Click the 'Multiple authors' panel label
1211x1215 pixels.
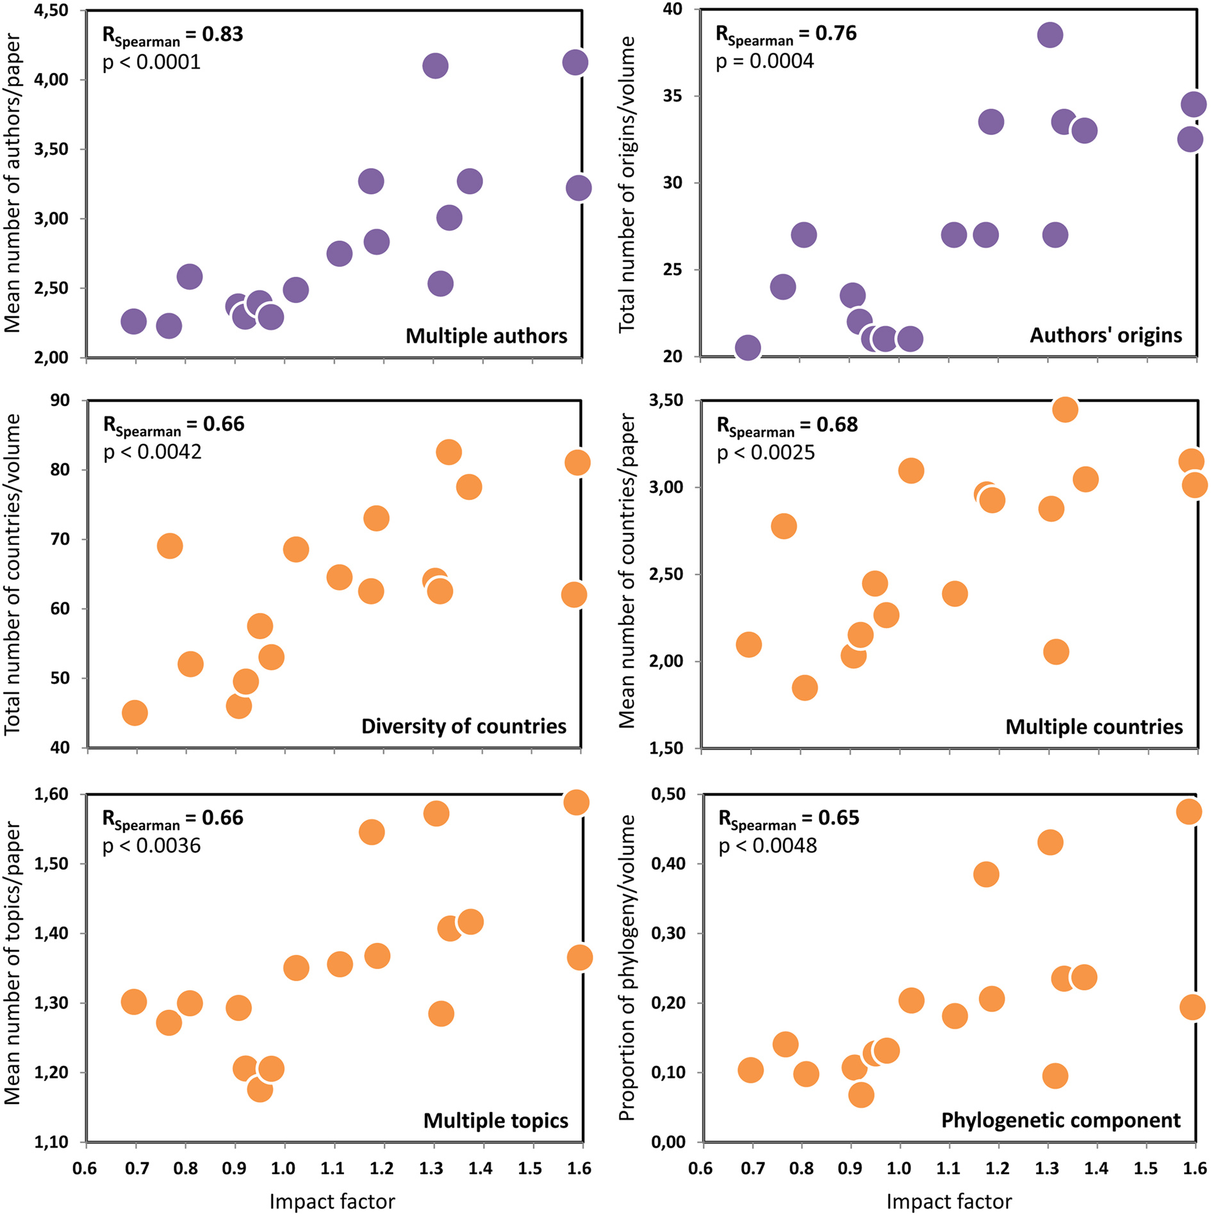[x=486, y=336]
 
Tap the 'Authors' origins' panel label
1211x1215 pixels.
[x=1105, y=335]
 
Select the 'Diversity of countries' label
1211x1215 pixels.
[x=463, y=726]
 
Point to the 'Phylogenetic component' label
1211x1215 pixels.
[x=1060, y=1120]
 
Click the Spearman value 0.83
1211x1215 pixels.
[x=222, y=33]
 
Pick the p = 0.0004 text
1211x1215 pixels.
[x=764, y=61]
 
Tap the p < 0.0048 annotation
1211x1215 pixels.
[x=768, y=845]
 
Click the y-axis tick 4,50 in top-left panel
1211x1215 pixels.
[x=51, y=11]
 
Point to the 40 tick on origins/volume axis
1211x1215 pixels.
[x=673, y=10]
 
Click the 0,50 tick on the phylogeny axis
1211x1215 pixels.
[x=668, y=794]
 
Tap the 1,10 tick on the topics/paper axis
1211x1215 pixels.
[x=51, y=1141]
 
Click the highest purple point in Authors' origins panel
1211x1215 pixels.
[x=1050, y=35]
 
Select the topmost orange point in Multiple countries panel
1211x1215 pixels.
[x=1065, y=409]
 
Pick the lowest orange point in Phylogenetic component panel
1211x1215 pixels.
[x=861, y=1095]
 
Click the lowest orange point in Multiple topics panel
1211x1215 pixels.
[x=259, y=1089]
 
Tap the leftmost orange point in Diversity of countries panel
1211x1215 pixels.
[x=135, y=712]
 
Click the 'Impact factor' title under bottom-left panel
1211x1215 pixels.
[x=332, y=1202]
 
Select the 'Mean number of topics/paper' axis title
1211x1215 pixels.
[x=13, y=967]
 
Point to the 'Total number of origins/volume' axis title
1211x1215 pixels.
[x=627, y=184]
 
